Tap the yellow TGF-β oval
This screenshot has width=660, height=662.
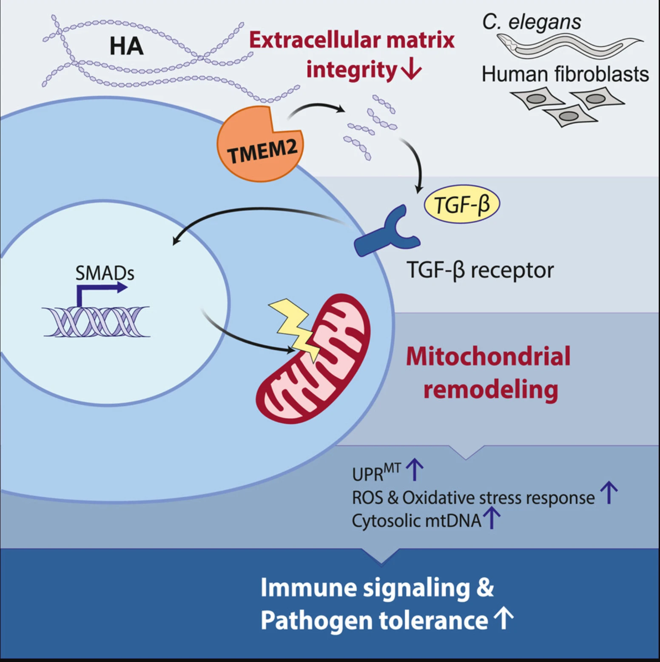(x=462, y=204)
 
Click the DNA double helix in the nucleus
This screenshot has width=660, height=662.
(x=96, y=321)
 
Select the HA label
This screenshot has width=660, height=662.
(x=127, y=46)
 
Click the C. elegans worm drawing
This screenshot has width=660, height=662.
(x=570, y=45)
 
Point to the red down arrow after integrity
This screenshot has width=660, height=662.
(x=411, y=69)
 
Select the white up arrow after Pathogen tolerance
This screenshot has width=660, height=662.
(x=504, y=618)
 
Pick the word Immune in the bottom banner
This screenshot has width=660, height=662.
(x=308, y=587)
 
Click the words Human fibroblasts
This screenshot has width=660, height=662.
(x=565, y=74)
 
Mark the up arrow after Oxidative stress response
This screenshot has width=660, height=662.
(x=609, y=492)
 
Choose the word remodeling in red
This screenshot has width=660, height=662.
(x=491, y=389)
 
